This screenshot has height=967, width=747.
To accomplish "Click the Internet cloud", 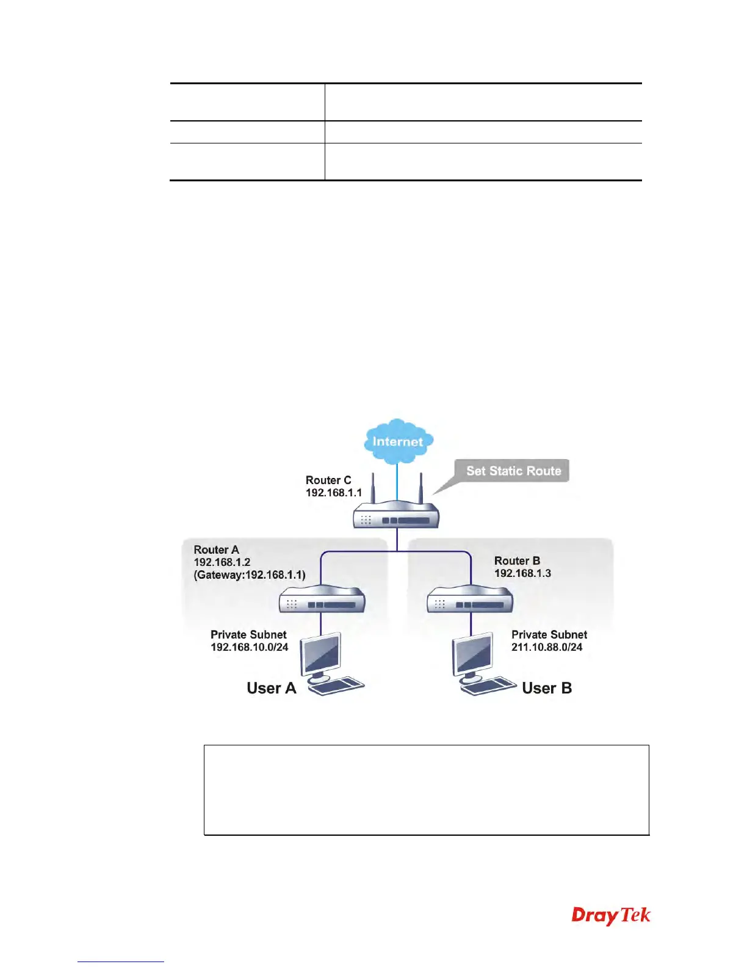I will click(x=398, y=440).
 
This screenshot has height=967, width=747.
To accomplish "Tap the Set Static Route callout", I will click(x=513, y=471).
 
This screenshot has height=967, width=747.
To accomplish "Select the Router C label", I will click(x=328, y=480).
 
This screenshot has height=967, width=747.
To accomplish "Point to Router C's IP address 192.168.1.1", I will click(x=334, y=493).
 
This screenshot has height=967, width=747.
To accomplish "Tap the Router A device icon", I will click(x=322, y=600).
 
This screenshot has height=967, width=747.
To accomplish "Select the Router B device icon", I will click(x=470, y=600).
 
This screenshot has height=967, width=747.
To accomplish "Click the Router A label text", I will click(x=216, y=549).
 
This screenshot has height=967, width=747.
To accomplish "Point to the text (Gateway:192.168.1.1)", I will click(x=250, y=574).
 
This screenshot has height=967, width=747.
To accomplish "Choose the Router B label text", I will click(x=517, y=560).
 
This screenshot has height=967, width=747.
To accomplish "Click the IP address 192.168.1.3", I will click(x=522, y=573).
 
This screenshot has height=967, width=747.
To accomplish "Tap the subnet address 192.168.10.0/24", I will click(x=249, y=647).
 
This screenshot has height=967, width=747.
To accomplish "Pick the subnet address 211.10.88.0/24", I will click(x=547, y=647).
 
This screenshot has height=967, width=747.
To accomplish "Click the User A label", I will click(x=271, y=688).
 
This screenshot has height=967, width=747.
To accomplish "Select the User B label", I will click(x=547, y=688).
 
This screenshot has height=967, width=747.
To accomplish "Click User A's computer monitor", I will click(x=322, y=654).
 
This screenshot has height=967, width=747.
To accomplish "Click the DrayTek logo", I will click(x=611, y=915).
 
